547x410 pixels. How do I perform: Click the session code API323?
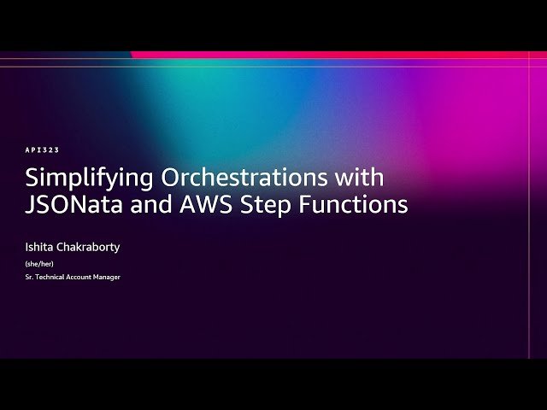[x=42, y=150]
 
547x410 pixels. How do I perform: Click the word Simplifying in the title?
[x=76, y=179]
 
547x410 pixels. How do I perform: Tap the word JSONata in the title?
[x=68, y=205]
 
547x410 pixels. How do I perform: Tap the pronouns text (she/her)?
[x=37, y=264]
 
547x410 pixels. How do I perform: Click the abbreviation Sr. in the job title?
[x=29, y=277]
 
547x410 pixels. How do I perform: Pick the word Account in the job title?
[x=80, y=277]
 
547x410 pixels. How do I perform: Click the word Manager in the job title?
[x=108, y=277]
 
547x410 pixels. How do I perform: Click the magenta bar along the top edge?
[x=342, y=55]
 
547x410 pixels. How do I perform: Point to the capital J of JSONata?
[x=29, y=205]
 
